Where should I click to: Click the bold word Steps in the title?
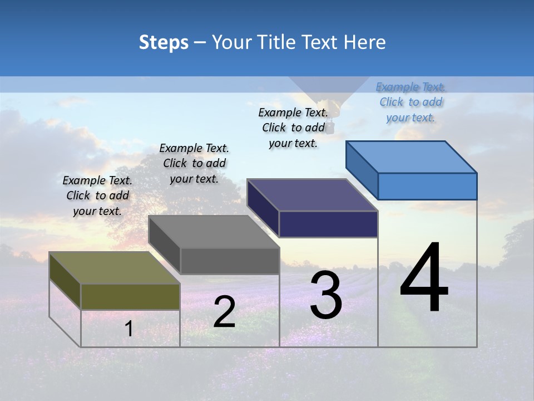click(164, 42)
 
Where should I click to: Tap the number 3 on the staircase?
click(325, 296)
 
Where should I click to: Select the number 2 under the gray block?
click(224, 312)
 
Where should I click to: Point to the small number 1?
click(128, 329)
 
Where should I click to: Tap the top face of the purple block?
click(312, 195)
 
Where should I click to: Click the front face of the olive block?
click(130, 297)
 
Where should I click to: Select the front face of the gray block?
click(229, 261)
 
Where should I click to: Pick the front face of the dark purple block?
click(328, 224)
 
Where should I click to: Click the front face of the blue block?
click(427, 186)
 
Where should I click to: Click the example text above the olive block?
click(97, 195)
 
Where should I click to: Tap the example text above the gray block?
click(194, 163)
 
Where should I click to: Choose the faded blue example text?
click(411, 102)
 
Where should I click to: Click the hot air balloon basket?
click(330, 129)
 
